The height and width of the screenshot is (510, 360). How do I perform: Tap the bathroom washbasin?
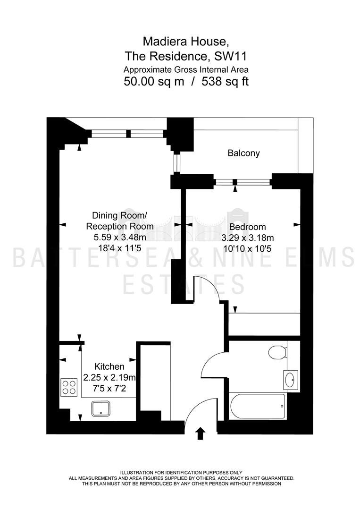point(290,379)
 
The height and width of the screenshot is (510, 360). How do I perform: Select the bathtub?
point(257,406)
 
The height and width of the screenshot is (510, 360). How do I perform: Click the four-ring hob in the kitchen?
point(69,387)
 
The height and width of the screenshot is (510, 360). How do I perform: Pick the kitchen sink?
point(100,408)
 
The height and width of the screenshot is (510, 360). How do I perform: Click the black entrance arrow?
point(201,433)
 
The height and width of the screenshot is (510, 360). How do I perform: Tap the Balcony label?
point(243,153)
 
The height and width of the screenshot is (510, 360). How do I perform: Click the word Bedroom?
point(248,227)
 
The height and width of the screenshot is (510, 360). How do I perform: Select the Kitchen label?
point(109,366)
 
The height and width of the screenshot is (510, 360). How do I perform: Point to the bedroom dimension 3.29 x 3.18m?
point(248,238)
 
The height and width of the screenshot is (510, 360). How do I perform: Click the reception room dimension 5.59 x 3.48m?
point(120,237)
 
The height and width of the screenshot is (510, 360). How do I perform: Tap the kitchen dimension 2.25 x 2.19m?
point(109,377)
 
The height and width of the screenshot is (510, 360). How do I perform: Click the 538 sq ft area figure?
point(225,81)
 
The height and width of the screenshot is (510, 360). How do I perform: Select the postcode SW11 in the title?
point(231,56)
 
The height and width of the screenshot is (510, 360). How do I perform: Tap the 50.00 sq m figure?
point(154,81)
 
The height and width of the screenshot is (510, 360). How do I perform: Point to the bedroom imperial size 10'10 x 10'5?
point(248,249)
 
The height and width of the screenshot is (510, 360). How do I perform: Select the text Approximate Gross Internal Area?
point(186,69)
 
